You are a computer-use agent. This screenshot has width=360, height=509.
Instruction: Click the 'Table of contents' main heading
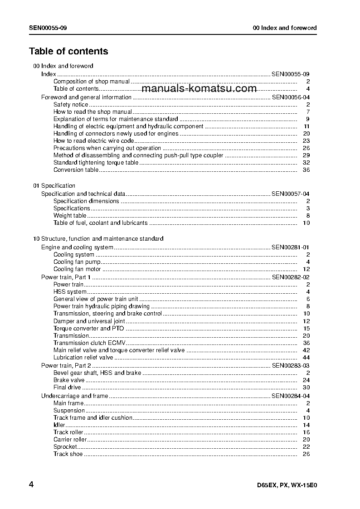(x=68, y=51)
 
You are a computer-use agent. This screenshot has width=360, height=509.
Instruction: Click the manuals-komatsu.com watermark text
(x=202, y=89)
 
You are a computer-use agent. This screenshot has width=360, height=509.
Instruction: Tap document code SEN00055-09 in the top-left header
(x=49, y=28)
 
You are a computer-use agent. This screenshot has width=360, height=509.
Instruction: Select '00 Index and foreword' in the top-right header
(x=285, y=28)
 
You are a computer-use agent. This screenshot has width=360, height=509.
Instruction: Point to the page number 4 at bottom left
(x=31, y=485)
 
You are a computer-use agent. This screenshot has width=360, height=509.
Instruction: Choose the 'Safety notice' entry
(x=71, y=105)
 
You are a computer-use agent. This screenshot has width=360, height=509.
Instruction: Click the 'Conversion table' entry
(x=76, y=170)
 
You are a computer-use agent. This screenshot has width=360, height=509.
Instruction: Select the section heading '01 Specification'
(x=54, y=186)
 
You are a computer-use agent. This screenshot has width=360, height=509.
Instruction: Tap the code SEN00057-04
(x=291, y=194)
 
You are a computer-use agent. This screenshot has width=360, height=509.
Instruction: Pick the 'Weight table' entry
(x=70, y=216)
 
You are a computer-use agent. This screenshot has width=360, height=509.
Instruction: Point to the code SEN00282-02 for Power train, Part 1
(x=291, y=277)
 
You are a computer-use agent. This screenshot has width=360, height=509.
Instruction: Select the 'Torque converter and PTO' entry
(x=88, y=329)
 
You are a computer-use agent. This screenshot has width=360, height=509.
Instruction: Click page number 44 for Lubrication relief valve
(x=306, y=358)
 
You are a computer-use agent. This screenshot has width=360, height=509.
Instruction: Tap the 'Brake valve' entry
(x=69, y=380)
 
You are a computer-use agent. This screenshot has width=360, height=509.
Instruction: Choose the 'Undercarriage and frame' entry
(x=74, y=396)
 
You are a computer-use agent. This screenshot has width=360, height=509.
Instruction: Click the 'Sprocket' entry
(x=65, y=447)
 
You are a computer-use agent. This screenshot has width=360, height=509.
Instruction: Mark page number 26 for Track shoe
(x=306, y=454)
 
